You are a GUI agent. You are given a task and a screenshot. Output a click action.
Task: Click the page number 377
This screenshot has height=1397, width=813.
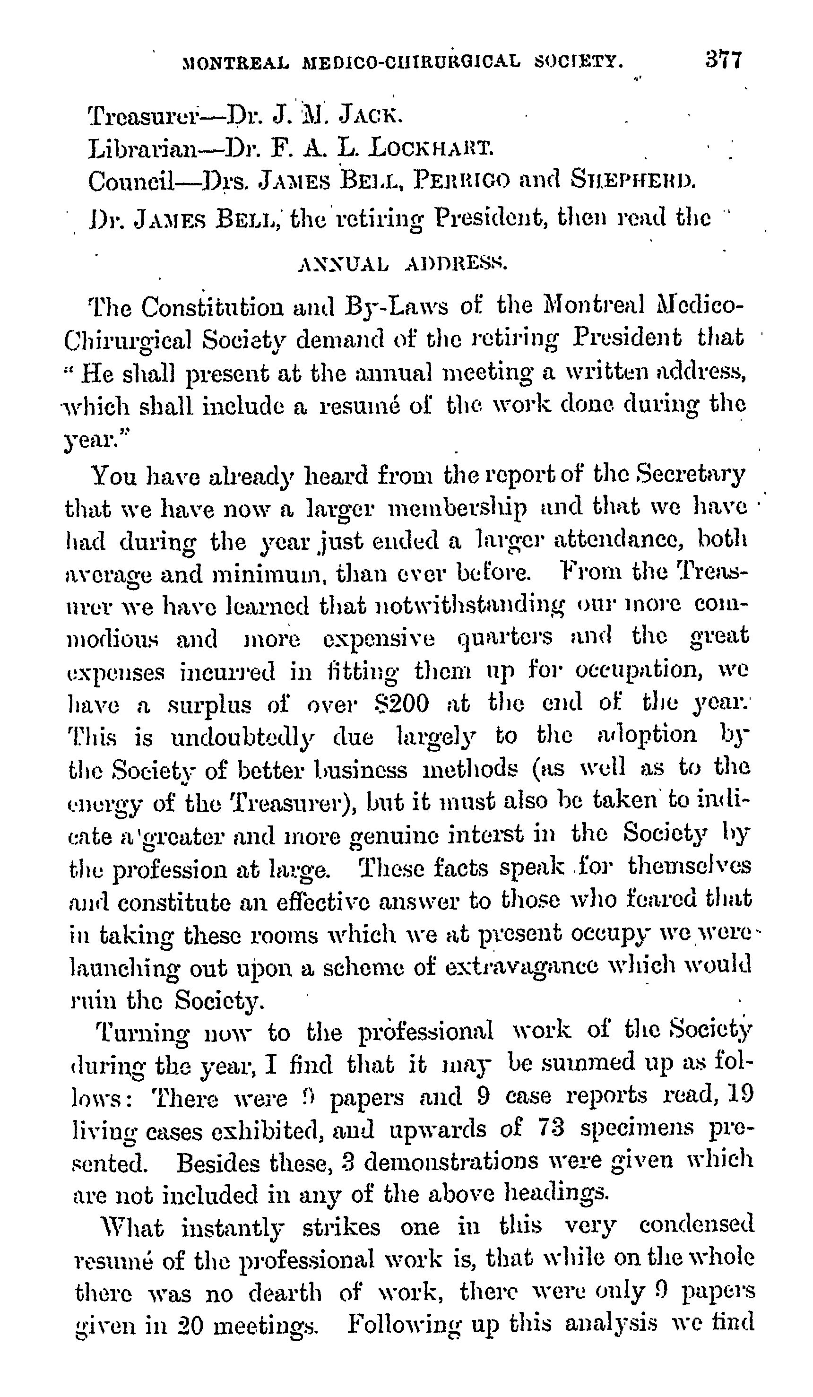click(x=723, y=59)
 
